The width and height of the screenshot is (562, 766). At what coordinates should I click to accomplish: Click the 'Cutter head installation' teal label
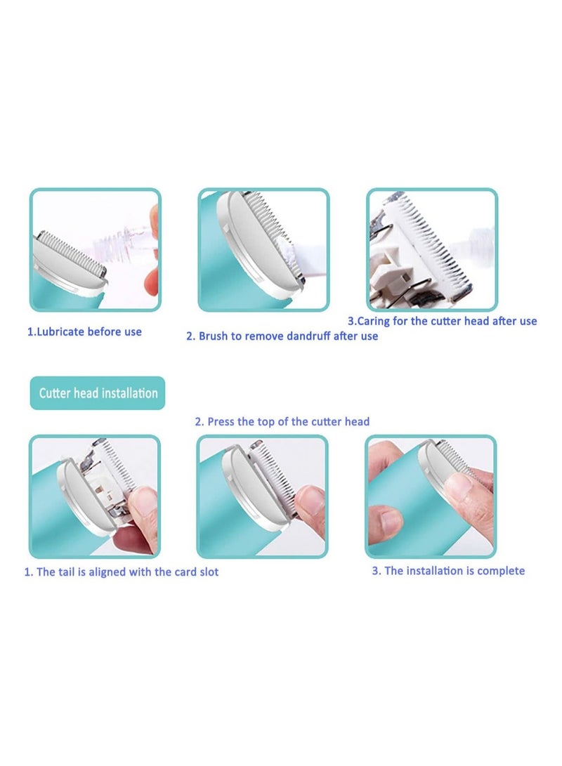tap(98, 393)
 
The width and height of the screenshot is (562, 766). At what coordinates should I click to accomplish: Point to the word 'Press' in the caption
tap(222, 421)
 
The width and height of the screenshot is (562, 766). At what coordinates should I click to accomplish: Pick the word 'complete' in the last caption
tap(502, 570)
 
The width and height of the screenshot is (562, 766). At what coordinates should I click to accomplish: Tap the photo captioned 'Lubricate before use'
tap(95, 250)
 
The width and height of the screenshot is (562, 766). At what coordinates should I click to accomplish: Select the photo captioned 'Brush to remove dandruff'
tap(263, 250)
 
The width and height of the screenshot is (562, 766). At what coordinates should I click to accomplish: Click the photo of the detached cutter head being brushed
tap(432, 250)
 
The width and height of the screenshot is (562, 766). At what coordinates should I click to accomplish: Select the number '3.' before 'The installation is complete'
tap(377, 570)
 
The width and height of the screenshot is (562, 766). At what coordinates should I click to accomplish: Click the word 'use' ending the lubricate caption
tap(133, 331)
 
